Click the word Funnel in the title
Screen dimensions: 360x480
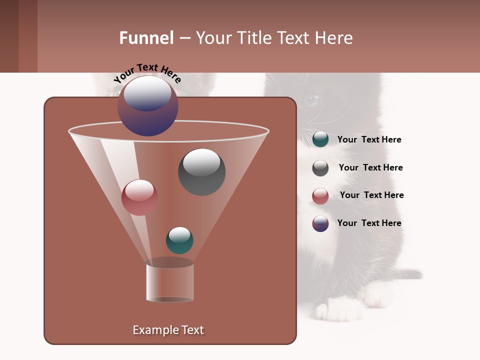tap(146, 38)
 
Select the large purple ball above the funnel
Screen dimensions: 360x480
tap(148, 105)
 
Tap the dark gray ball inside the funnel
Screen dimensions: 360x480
tap(201, 171)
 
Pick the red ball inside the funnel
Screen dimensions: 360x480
tap(139, 197)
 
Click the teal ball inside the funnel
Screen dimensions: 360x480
tap(179, 240)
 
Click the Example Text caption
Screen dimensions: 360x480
tap(168, 330)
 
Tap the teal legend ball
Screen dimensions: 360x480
tap(320, 139)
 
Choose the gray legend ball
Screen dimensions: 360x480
tap(320, 168)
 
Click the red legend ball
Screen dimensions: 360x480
tap(320, 196)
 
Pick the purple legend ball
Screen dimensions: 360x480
tap(320, 223)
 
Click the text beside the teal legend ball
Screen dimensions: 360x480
tap(369, 140)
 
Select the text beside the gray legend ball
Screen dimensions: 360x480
tap(370, 168)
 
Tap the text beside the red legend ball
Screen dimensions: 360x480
tap(371, 195)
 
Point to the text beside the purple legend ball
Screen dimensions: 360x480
tap(369, 223)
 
